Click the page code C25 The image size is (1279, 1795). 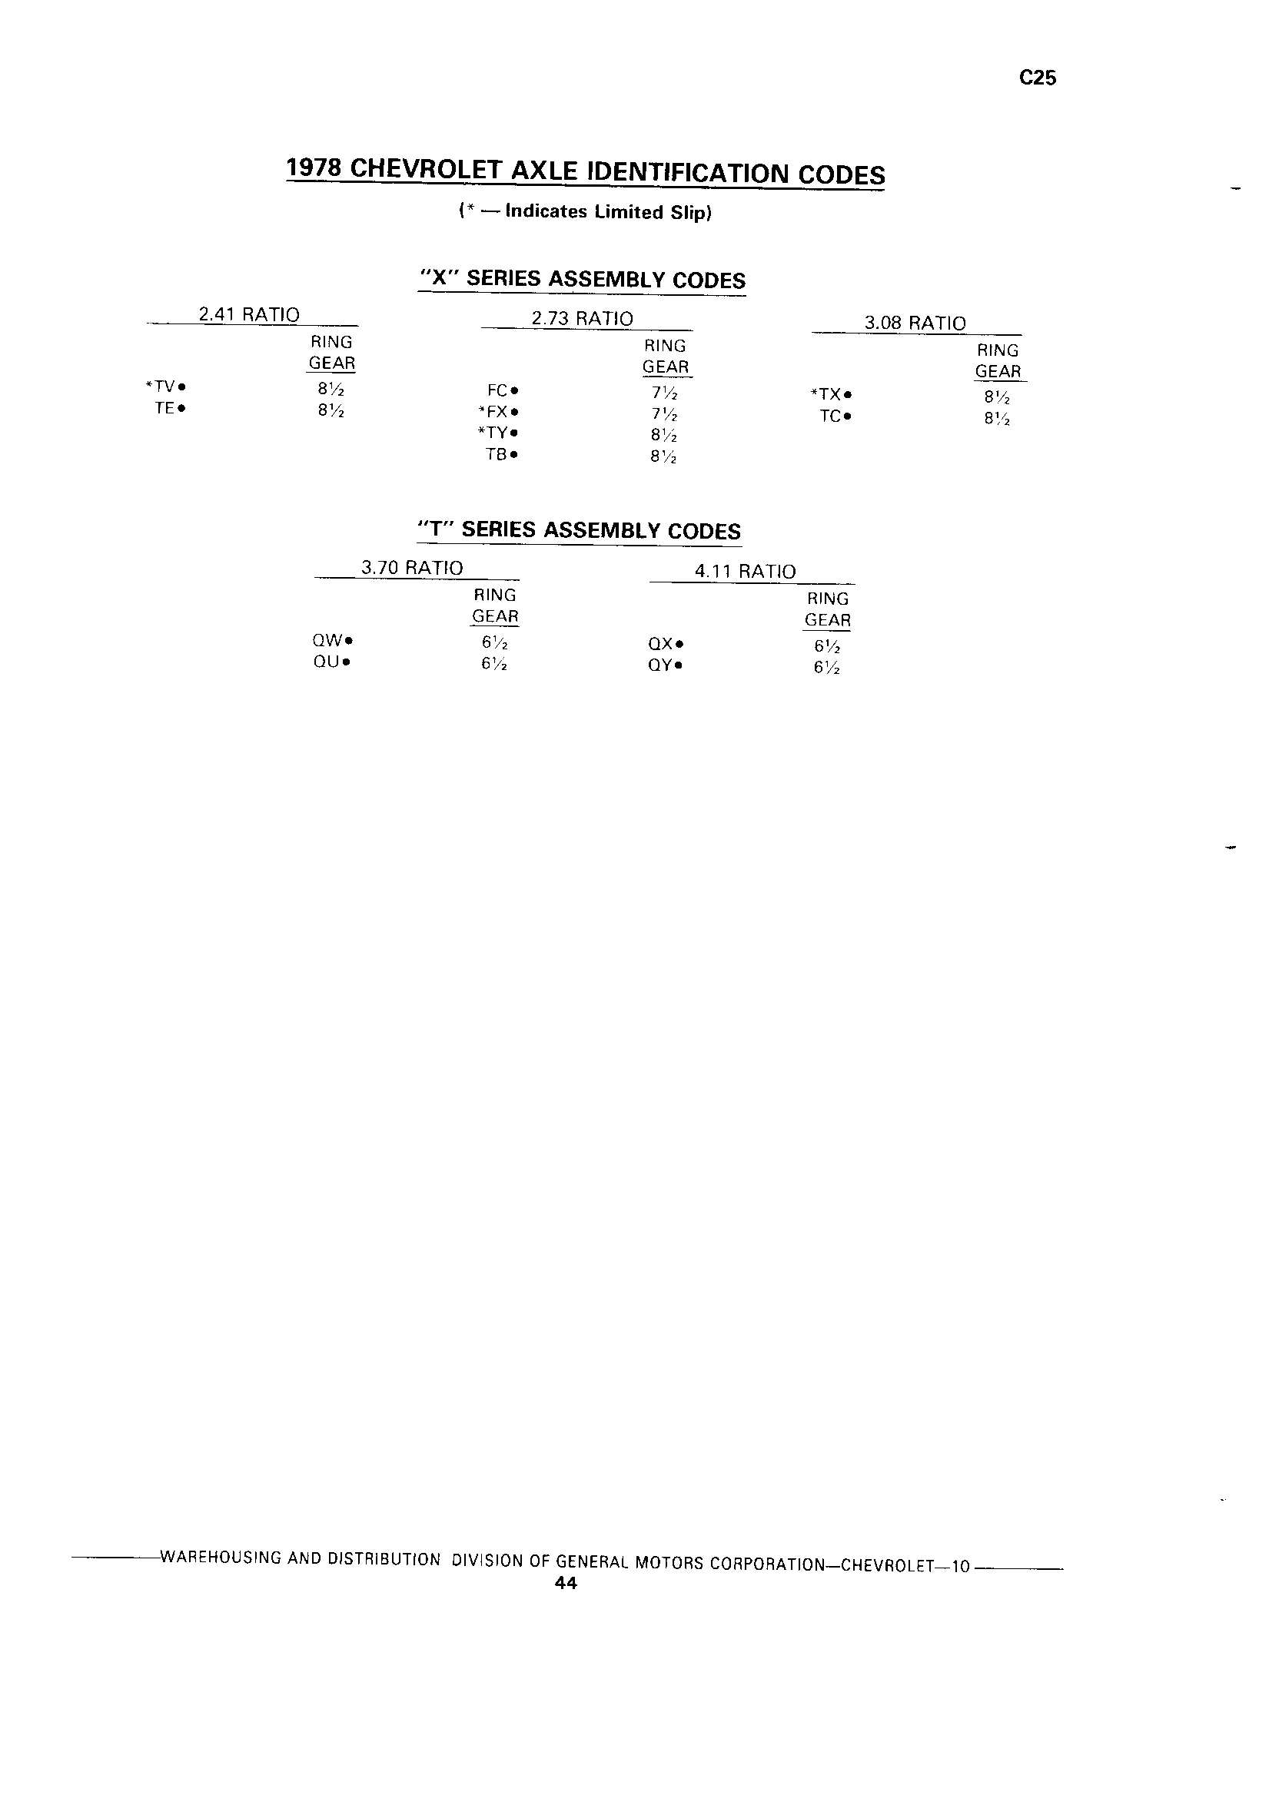point(1037,78)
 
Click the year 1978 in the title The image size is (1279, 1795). point(314,168)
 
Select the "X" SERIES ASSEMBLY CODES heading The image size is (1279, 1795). point(583,280)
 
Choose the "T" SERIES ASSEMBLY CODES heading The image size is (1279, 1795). point(580,531)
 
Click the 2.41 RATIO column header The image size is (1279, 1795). point(249,315)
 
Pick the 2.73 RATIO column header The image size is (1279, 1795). point(582,319)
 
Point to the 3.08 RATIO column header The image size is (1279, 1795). point(915,323)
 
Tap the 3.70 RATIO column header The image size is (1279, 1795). point(412,568)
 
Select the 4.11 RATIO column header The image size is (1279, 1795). point(745,572)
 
